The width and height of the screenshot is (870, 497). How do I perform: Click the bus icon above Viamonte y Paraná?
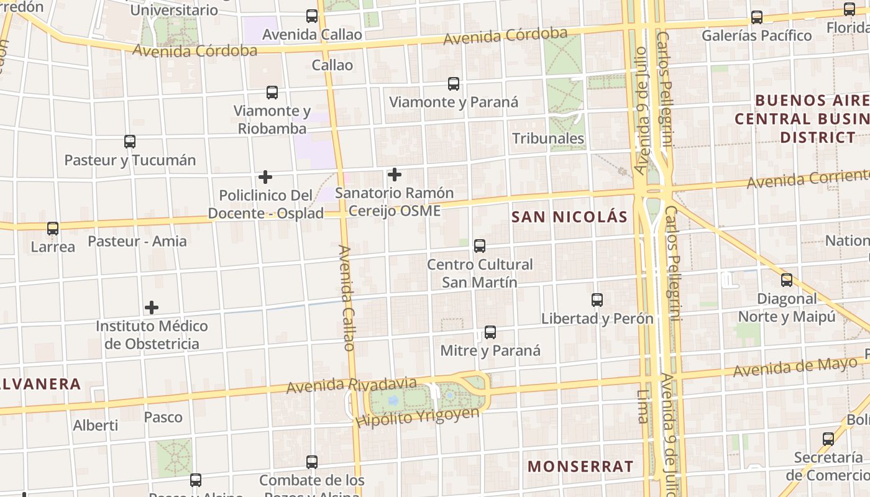(x=454, y=84)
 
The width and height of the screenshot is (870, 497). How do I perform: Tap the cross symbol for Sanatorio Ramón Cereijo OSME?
(x=394, y=175)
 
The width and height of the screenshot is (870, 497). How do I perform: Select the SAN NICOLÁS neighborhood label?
(x=569, y=217)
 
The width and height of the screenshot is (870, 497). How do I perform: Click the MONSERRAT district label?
(x=580, y=467)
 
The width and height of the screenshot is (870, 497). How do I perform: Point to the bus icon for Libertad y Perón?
(x=597, y=300)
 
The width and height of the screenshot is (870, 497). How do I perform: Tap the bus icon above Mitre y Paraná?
(x=490, y=332)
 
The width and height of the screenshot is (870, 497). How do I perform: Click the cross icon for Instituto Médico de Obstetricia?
(x=152, y=308)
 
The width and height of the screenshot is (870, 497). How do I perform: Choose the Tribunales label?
(x=548, y=138)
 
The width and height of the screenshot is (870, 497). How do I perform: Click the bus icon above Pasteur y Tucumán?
(x=130, y=142)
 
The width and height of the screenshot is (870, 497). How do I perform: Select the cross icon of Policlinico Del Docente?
(x=265, y=177)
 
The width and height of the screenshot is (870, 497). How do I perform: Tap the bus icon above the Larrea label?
(x=53, y=229)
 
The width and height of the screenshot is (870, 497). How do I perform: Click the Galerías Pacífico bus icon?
(x=757, y=17)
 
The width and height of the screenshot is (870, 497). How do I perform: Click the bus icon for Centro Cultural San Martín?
(x=480, y=246)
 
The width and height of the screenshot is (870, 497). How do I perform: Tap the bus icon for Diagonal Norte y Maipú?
(x=787, y=280)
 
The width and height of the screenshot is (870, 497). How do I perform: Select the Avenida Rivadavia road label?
(x=351, y=385)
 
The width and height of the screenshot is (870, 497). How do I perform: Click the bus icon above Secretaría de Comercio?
(x=828, y=439)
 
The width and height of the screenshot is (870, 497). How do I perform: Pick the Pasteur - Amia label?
(x=137, y=241)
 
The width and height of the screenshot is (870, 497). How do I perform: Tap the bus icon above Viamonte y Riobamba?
(x=272, y=93)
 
